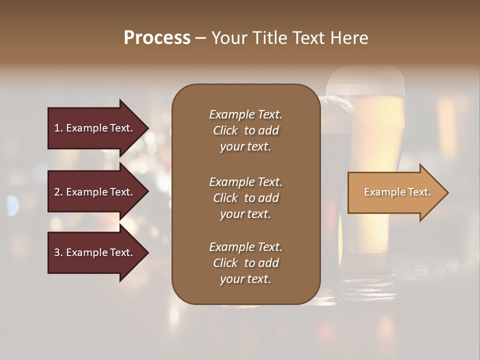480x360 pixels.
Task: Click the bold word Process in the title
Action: click(157, 38)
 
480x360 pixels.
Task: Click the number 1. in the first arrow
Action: click(58, 128)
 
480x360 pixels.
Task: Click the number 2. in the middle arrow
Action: click(58, 192)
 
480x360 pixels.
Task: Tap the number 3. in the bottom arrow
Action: click(58, 252)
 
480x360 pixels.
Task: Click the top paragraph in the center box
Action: click(245, 130)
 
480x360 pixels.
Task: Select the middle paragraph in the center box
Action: click(245, 198)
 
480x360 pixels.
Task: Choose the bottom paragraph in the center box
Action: click(245, 263)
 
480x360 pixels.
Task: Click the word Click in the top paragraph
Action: click(225, 130)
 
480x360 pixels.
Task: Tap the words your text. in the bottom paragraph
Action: click(245, 279)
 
